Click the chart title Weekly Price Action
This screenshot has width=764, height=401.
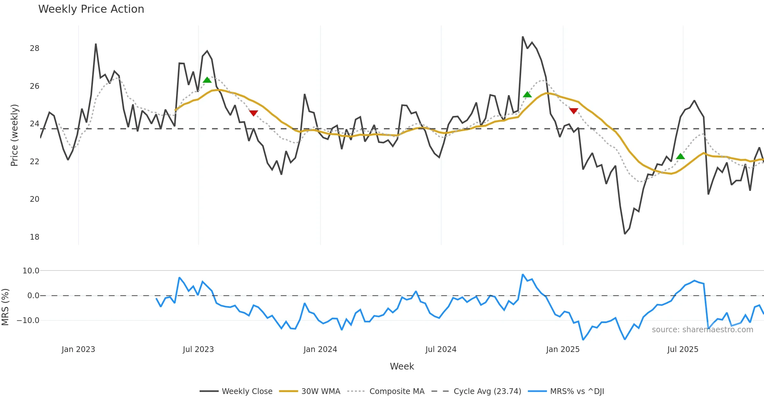[91, 9]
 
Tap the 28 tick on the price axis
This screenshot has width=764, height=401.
[34, 48]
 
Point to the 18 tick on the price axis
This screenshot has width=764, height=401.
[34, 237]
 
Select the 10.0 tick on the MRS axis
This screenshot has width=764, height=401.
[31, 271]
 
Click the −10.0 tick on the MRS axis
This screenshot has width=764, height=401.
[28, 320]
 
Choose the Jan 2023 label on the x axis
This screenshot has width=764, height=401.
[78, 349]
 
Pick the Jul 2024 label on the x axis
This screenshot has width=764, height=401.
[441, 349]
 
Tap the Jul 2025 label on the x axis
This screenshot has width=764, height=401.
[683, 349]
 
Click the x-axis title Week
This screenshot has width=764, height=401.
[402, 367]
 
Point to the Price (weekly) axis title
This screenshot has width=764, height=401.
[15, 135]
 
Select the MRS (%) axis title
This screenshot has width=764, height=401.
[5, 307]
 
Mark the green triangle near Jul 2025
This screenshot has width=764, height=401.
[680, 156]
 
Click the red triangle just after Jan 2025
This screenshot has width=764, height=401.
[574, 111]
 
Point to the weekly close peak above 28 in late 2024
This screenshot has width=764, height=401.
[523, 37]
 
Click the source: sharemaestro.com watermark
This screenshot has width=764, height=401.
[702, 330]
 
